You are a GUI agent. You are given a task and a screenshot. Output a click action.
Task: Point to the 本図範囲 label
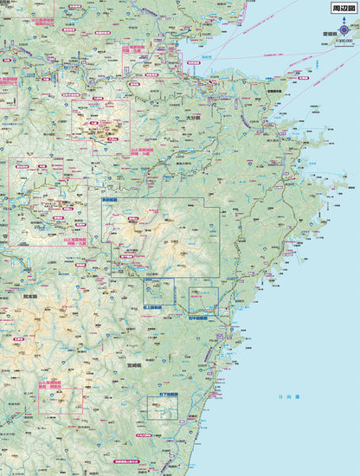pyautogui.click(x=110, y=201)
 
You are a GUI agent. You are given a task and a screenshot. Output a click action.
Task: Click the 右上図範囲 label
pyautogui.click(x=153, y=307)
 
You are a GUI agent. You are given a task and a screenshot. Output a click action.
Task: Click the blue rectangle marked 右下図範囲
pyautogui.click(x=162, y=408)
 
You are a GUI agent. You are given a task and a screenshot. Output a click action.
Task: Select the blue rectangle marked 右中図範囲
pyautogui.click(x=203, y=299)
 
